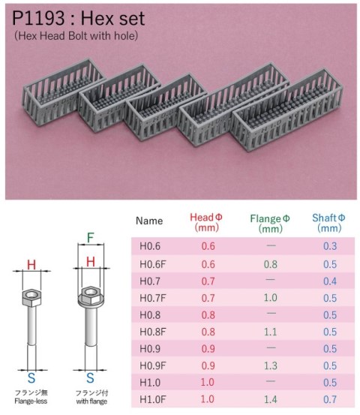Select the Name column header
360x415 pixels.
pos(149,221)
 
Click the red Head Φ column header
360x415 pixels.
pos(207,222)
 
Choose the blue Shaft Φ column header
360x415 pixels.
pos(328,222)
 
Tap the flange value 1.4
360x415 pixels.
pos(269,401)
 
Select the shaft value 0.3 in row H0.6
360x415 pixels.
pos(328,246)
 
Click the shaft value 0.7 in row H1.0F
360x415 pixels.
pos(328,401)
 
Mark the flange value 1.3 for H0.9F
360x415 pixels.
pos(269,366)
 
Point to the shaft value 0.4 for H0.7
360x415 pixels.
pos(328,281)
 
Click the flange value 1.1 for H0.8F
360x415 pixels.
pos(269,332)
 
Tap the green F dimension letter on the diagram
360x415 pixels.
pos(90,239)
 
